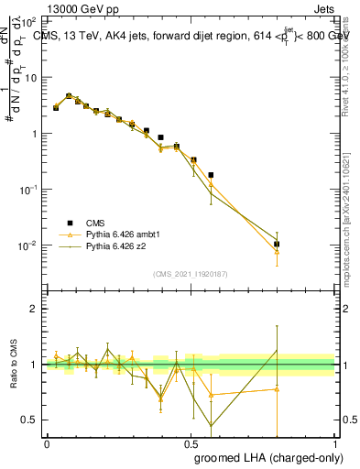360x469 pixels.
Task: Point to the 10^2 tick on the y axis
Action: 29,21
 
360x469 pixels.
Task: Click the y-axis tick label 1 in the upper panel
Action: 34,134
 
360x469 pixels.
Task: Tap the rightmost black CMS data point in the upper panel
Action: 277,245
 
